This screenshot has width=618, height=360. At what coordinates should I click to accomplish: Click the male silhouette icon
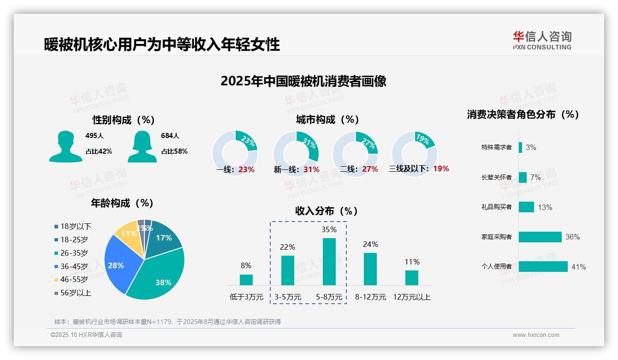pyautogui.click(x=65, y=146)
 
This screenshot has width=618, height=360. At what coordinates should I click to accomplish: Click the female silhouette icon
pyautogui.click(x=142, y=146)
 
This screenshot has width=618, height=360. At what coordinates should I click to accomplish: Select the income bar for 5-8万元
pyautogui.click(x=329, y=261)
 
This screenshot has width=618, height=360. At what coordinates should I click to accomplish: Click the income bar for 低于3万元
pyautogui.click(x=246, y=280)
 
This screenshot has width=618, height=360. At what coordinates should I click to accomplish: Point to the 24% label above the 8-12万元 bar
pyautogui.click(x=370, y=244)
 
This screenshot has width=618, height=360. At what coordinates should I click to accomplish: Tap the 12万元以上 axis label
pyautogui.click(x=411, y=297)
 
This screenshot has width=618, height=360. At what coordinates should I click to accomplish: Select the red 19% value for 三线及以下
pyautogui.click(x=441, y=168)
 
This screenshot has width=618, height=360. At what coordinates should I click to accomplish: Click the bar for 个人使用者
pyautogui.click(x=543, y=266)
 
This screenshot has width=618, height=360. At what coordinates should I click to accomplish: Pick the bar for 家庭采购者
pyautogui.click(x=540, y=237)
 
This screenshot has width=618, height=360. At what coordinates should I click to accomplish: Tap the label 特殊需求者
pyautogui.click(x=496, y=147)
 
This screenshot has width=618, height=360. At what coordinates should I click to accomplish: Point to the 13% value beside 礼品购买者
pyautogui.click(x=545, y=207)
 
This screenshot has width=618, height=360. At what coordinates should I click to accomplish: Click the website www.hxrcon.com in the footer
pyautogui.click(x=535, y=335)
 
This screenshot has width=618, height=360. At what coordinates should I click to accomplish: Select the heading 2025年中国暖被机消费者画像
pyautogui.click(x=303, y=81)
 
